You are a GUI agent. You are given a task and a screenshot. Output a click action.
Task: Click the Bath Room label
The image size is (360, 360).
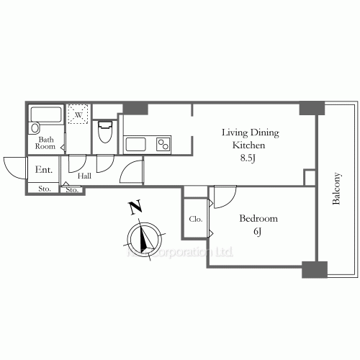(45, 143)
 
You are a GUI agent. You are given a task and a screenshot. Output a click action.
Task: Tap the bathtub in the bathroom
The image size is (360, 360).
(47, 114)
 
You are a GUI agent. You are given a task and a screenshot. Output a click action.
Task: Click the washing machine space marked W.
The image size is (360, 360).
(77, 114)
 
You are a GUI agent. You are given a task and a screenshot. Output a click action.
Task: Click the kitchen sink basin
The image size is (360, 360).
(136, 144)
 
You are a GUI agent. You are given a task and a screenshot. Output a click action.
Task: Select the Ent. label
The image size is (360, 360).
(42, 170)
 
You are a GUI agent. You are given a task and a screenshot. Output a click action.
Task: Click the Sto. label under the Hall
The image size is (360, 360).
(72, 190)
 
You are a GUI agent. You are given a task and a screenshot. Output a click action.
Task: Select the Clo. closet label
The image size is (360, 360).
(195, 219)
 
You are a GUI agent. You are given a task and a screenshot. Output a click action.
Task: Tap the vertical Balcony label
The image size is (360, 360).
(336, 189)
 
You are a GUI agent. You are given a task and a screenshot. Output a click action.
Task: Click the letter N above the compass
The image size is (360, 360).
(135, 209)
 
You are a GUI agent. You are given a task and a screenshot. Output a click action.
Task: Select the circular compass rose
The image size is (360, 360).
(145, 240)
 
